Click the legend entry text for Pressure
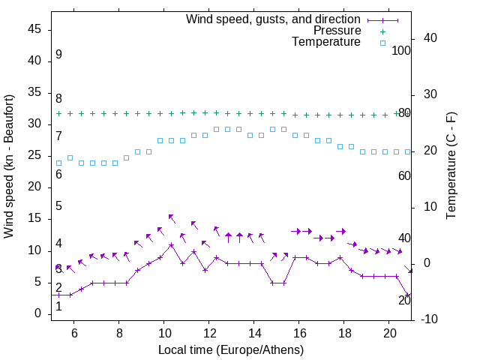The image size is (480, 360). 337,31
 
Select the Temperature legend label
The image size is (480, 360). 326,42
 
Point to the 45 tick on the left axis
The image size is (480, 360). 35,29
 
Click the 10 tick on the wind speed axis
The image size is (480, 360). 35,250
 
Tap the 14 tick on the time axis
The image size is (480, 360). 254,332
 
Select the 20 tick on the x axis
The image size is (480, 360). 389,332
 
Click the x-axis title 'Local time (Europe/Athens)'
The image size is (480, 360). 231,349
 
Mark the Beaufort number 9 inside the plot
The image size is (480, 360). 58,55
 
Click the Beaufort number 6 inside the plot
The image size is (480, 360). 58,175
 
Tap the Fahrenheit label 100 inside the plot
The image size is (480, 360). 402,50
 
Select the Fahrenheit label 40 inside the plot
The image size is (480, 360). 404,238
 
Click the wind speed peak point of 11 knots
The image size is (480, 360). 172,244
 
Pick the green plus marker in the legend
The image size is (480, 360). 382,31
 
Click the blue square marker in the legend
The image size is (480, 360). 382,43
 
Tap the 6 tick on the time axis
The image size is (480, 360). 74,332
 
